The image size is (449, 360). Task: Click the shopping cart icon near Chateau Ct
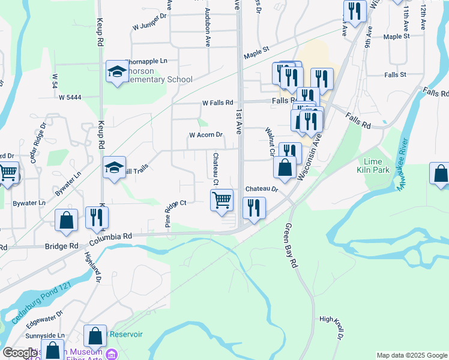click(x=222, y=200)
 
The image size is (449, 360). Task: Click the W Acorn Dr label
click(x=206, y=136)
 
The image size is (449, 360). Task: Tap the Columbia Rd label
click(x=111, y=237)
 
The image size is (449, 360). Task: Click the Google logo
click(x=19, y=353)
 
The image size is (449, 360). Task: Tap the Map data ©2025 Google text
click(x=412, y=355)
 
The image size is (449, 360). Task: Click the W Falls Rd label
click(x=217, y=103)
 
